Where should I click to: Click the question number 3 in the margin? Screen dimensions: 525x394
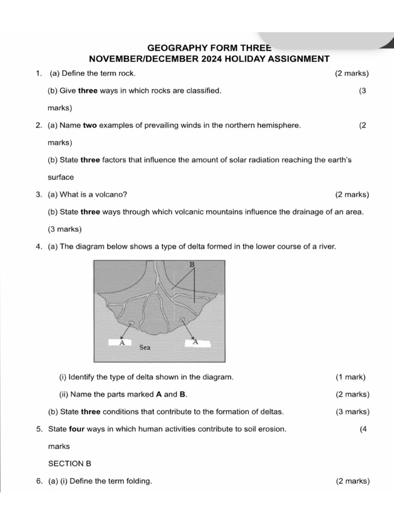coord(39,194)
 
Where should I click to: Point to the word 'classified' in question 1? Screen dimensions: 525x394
coord(204,91)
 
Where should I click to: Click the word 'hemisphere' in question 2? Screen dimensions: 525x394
coord(281,125)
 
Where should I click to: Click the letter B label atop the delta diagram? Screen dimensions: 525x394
coord(192,265)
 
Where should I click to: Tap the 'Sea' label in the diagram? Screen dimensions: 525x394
coord(145,348)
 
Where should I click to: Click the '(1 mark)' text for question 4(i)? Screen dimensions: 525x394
coord(350,377)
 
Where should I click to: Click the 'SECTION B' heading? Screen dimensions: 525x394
coord(69,463)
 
